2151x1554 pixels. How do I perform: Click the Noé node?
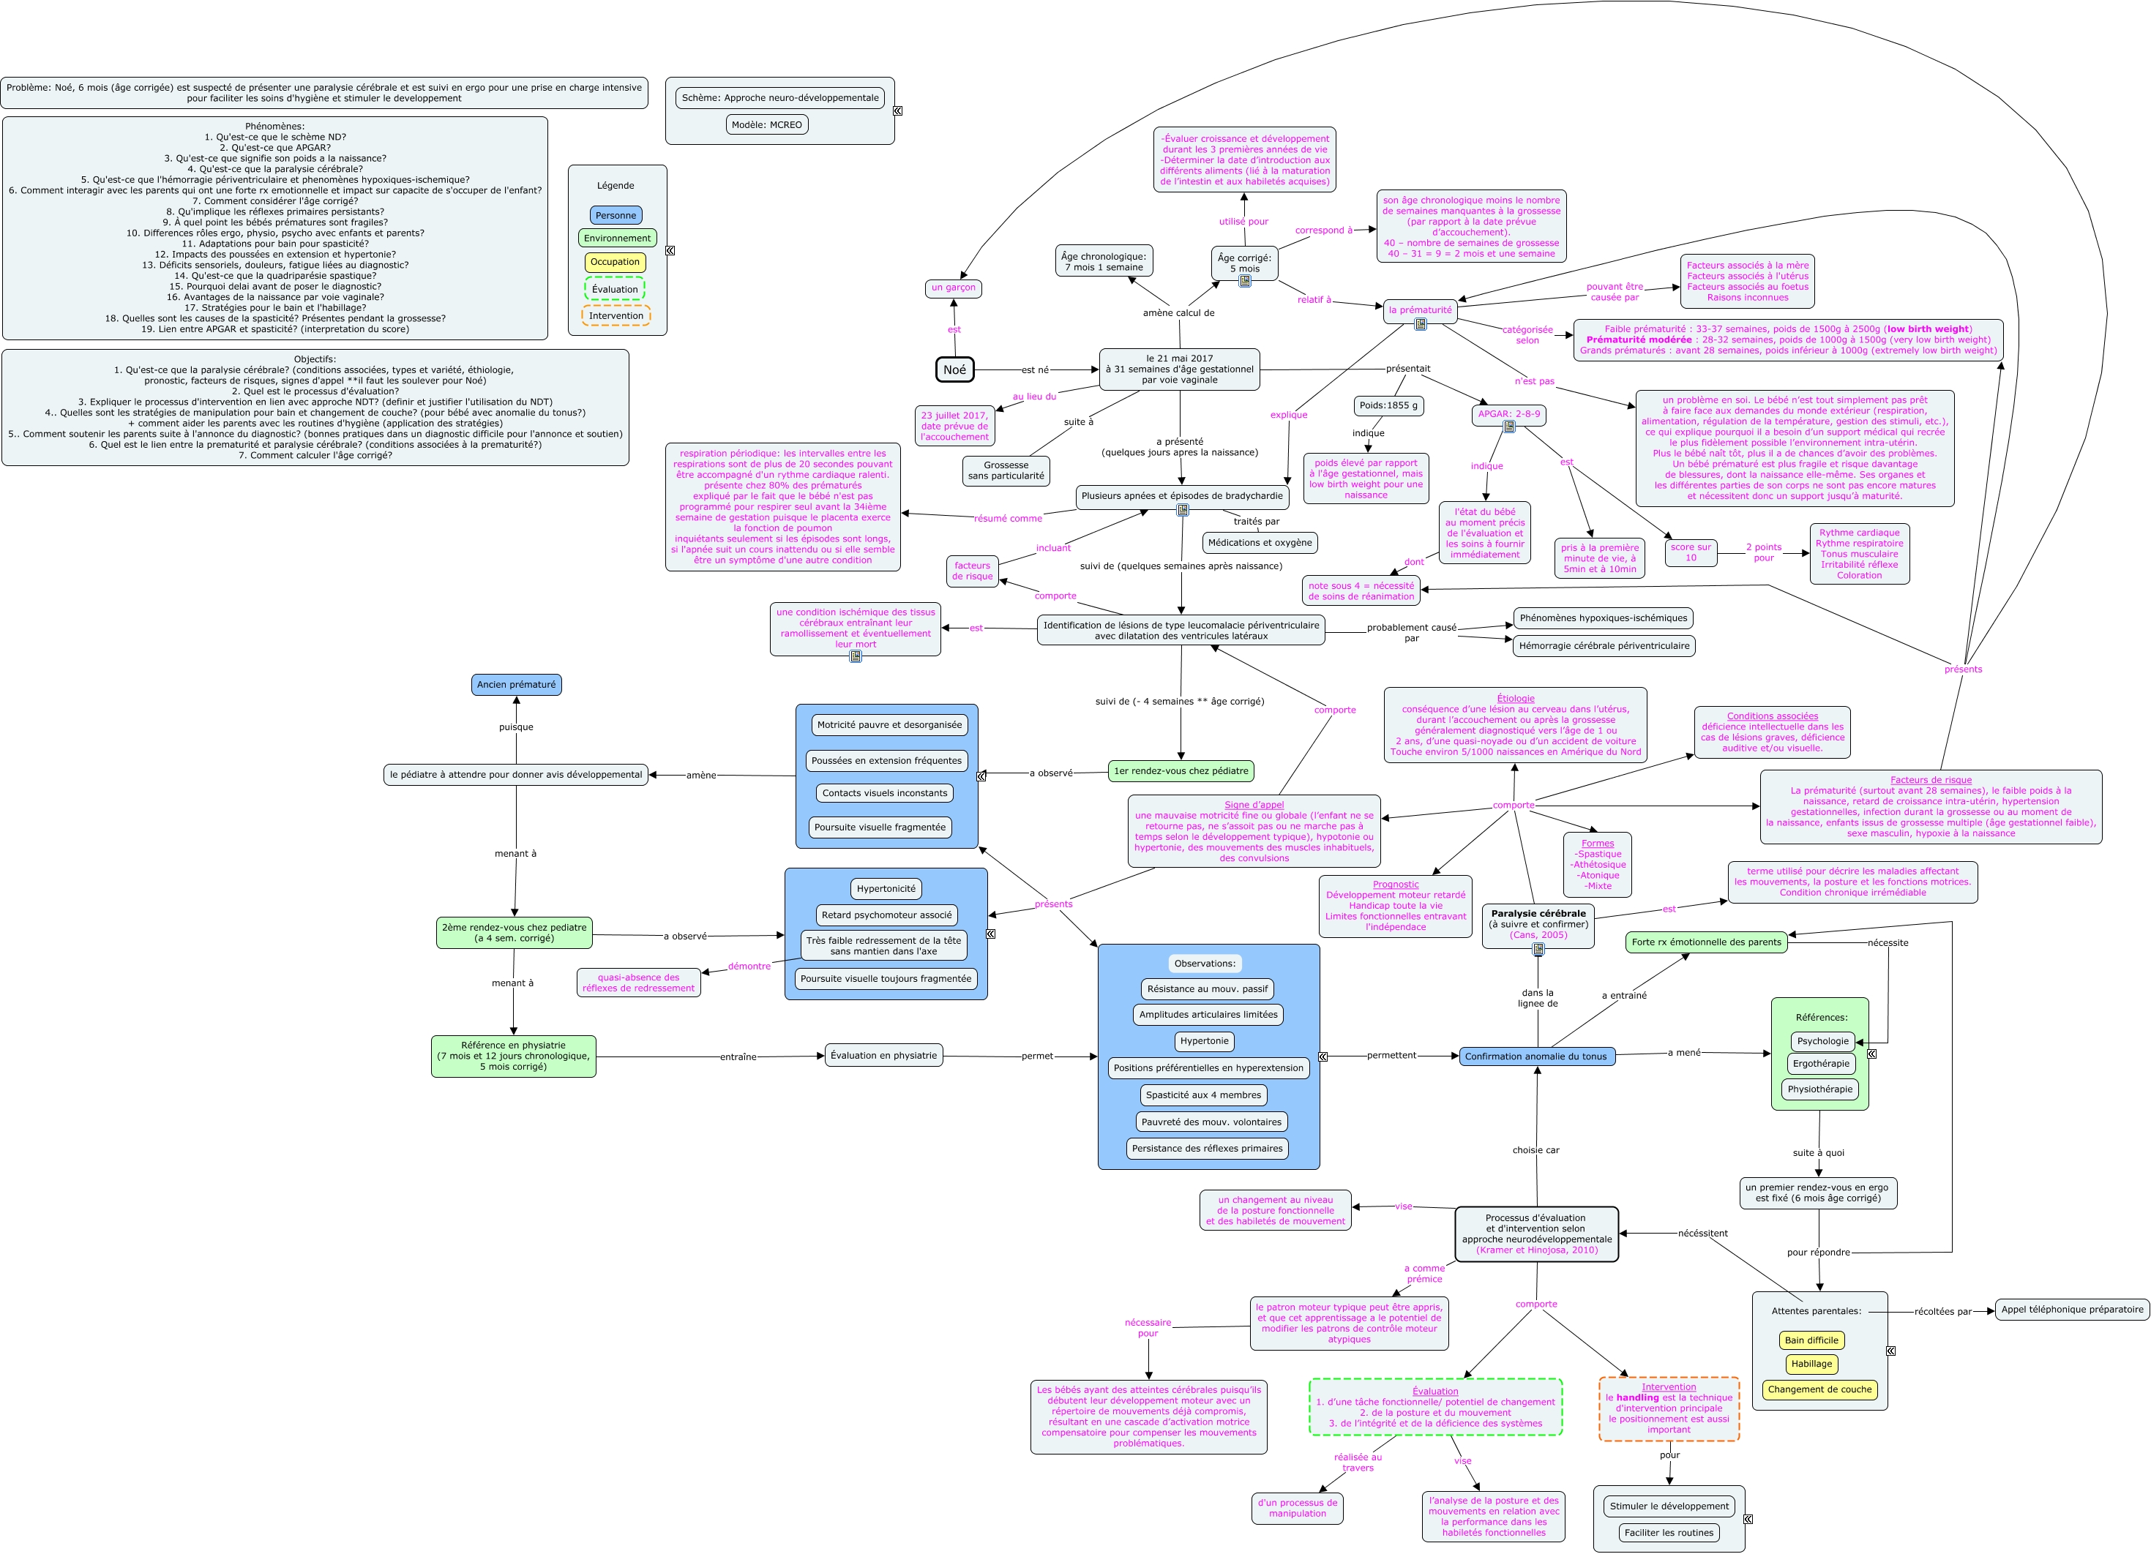point(954,369)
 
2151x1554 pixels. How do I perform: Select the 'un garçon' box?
point(953,288)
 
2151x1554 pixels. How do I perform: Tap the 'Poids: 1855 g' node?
point(1388,406)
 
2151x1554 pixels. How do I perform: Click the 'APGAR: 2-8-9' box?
point(1509,414)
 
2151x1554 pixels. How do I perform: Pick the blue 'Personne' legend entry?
point(616,215)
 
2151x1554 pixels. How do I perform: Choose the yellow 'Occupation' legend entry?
point(616,262)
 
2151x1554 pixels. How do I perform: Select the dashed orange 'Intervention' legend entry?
point(616,316)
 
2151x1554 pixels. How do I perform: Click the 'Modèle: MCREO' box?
point(766,124)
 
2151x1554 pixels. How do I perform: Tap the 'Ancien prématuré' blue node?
point(516,685)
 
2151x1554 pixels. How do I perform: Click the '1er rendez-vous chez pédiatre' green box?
point(1181,771)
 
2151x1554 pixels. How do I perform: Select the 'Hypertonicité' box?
point(886,888)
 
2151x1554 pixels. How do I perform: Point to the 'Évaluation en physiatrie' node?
point(883,1055)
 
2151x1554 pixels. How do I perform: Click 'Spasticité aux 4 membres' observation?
point(1203,1095)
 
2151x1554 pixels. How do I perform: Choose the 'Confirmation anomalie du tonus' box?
point(1535,1056)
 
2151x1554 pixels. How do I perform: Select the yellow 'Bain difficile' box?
point(1811,1340)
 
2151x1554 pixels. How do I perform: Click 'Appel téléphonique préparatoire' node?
point(2071,1310)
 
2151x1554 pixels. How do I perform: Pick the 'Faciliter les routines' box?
point(1668,1532)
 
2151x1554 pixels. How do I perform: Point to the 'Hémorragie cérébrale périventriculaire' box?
point(1604,646)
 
